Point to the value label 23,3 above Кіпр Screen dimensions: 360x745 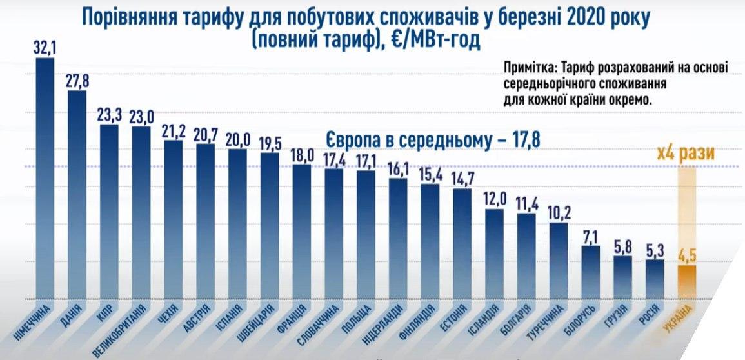pos(109,115)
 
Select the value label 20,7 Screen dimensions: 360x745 pos(206,134)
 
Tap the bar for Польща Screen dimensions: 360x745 pos(366,235)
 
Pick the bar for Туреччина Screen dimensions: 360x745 pos(559,261)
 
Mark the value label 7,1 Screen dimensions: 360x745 pos(590,235)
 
